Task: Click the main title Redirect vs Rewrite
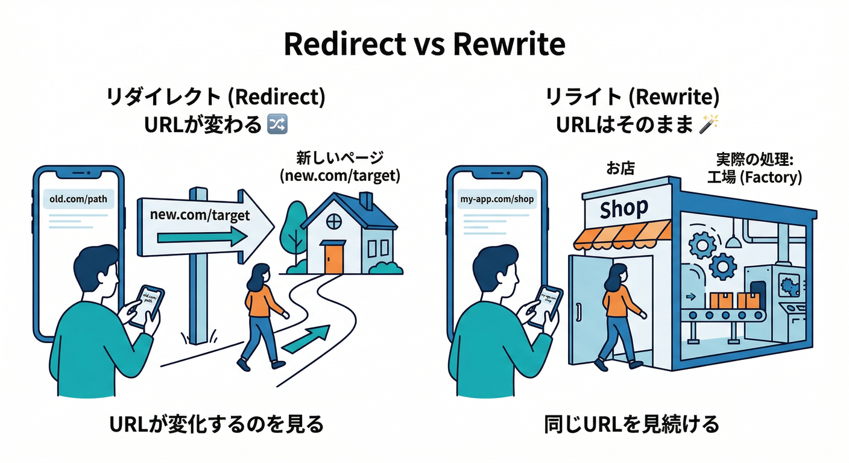(424, 44)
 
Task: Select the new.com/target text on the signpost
(200, 215)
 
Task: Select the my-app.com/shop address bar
(496, 199)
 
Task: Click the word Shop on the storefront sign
(623, 209)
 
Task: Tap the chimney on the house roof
(365, 200)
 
